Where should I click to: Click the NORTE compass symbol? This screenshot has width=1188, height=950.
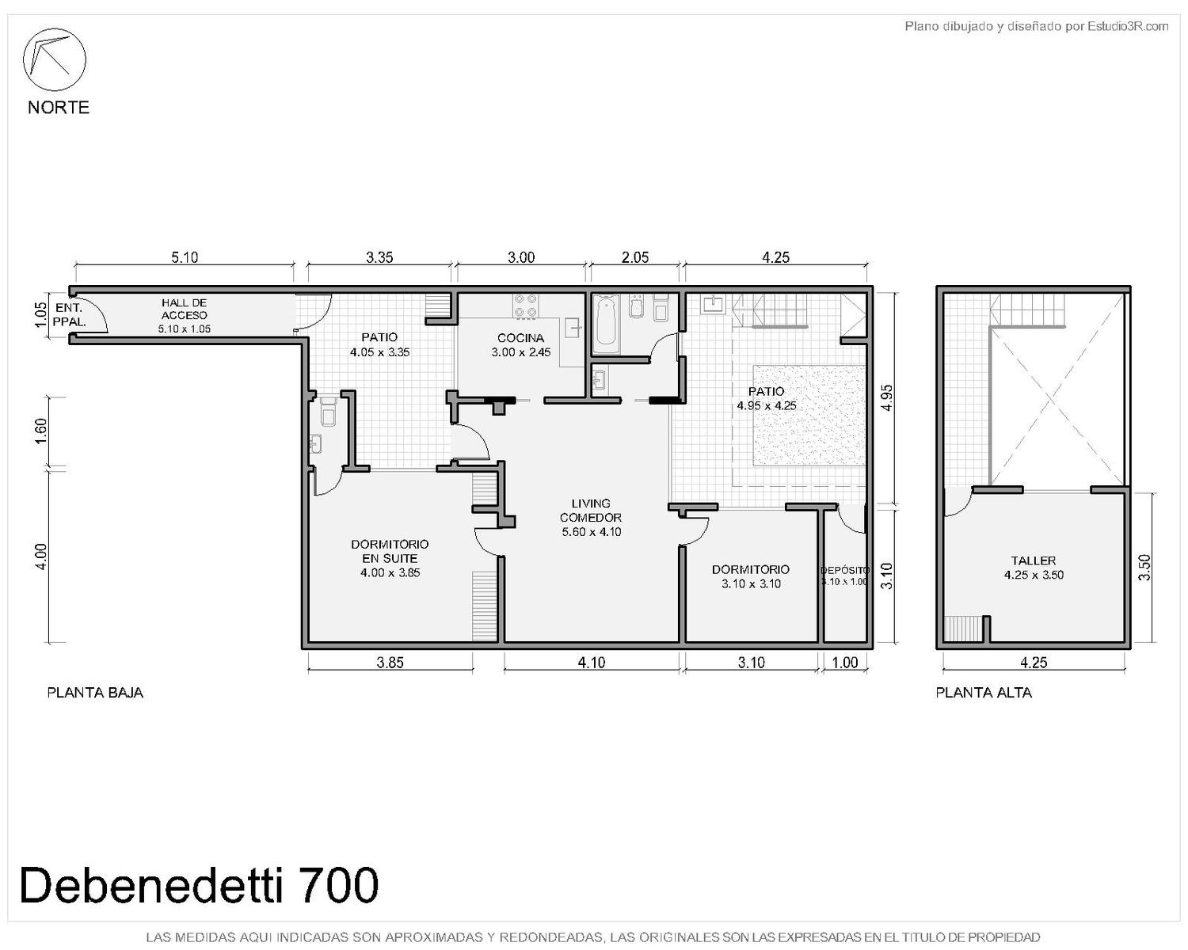click(x=54, y=59)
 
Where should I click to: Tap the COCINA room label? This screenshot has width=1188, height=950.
click(x=520, y=337)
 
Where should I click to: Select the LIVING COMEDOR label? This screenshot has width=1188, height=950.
click(x=591, y=510)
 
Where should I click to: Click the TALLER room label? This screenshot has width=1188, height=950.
click(x=1034, y=560)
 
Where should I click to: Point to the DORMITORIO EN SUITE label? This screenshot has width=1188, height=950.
click(x=390, y=551)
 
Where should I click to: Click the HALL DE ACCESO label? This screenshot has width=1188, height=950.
click(x=185, y=309)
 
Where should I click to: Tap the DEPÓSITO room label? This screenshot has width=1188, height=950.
click(x=844, y=570)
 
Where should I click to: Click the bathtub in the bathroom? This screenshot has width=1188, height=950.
click(x=606, y=323)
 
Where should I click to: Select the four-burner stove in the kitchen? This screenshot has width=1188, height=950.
click(x=526, y=306)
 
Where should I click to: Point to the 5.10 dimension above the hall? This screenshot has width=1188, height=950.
click(x=185, y=257)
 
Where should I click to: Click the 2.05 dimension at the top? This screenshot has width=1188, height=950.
click(x=635, y=257)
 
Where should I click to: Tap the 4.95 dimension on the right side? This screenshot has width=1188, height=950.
click(x=886, y=397)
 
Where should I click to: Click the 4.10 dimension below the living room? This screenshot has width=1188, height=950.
click(x=592, y=663)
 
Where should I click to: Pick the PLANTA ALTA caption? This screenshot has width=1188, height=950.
click(x=984, y=693)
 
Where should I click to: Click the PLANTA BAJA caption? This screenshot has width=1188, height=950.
click(x=96, y=693)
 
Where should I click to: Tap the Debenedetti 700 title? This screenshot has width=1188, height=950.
click(x=200, y=886)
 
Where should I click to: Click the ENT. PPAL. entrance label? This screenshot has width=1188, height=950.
click(x=69, y=315)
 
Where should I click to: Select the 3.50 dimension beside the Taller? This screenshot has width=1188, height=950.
click(x=1145, y=568)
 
